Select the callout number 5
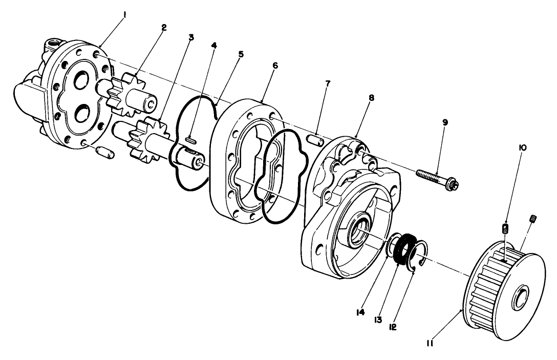click(x=241, y=53)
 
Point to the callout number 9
click(x=444, y=123)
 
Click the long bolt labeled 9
click(x=435, y=177)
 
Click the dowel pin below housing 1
click(x=104, y=152)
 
